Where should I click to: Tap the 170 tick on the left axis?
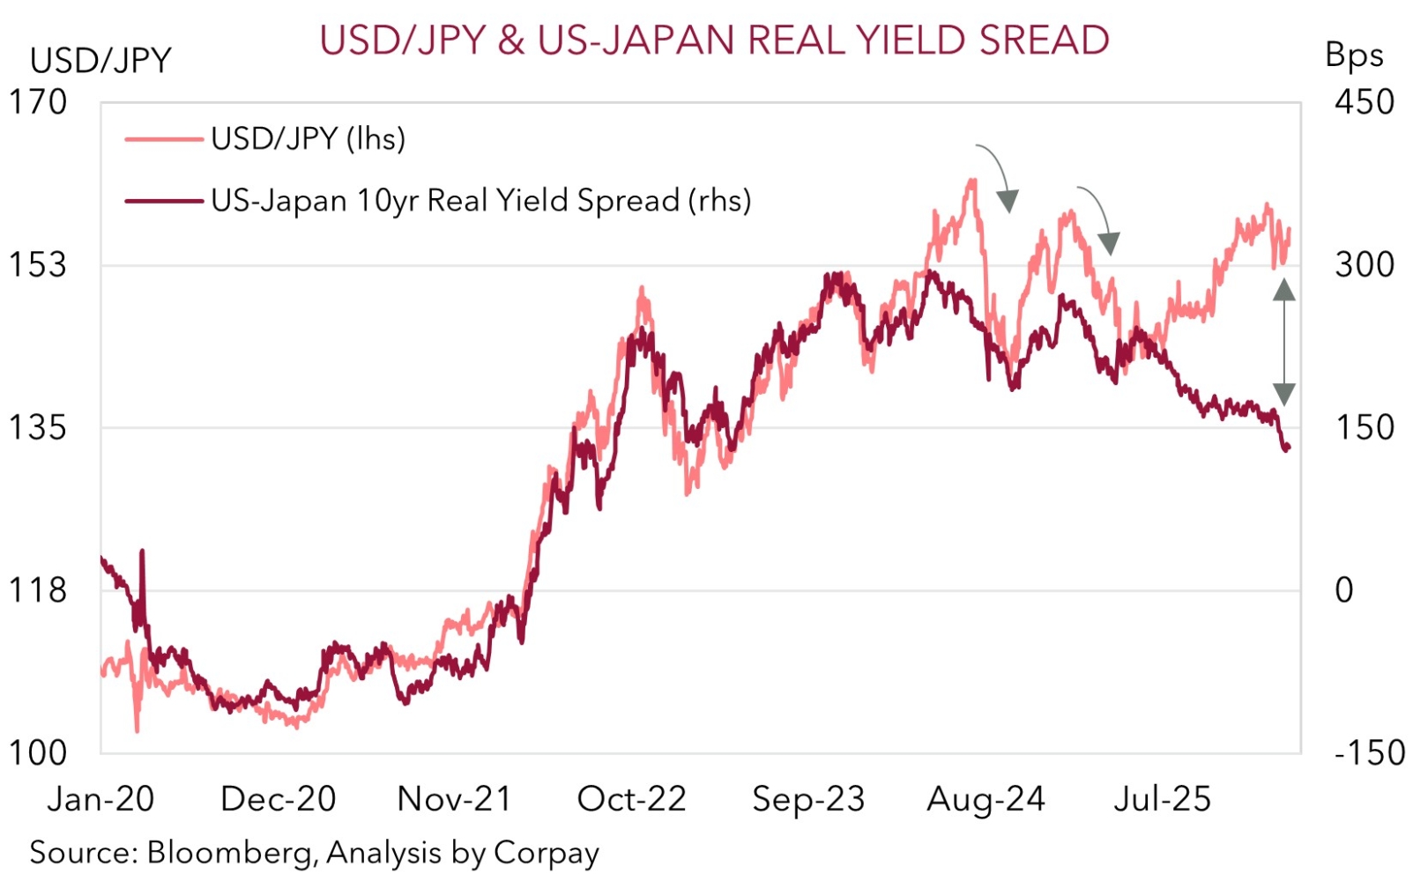(37, 102)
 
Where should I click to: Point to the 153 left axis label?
(37, 264)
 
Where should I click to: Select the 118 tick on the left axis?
(37, 589)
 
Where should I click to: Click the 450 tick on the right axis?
(1364, 102)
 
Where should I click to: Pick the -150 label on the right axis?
(1369, 753)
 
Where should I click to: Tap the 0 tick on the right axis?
(1343, 589)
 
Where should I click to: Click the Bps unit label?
(1354, 56)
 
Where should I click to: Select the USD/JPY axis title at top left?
(100, 61)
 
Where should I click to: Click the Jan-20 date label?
(100, 799)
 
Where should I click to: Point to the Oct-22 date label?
(631, 799)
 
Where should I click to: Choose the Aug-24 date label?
(985, 799)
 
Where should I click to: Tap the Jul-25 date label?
(1162, 799)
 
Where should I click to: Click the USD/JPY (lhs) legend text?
(308, 138)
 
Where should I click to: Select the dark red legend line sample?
(164, 201)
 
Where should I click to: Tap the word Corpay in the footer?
(547, 853)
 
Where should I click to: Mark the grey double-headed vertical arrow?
(1284, 342)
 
